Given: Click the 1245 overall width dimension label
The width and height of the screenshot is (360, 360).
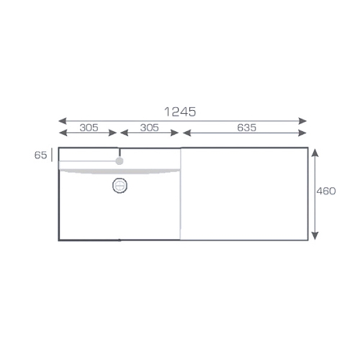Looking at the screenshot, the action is pos(180,112).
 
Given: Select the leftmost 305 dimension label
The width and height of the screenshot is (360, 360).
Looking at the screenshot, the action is pos(89,127).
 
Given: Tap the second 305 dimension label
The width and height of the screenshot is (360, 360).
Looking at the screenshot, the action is pos(149,127).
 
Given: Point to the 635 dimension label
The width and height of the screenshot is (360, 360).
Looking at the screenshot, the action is pos(247,127).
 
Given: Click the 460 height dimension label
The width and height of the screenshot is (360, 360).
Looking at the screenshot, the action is pos(326,191).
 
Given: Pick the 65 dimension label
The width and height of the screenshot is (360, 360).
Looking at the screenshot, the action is pos(40,156).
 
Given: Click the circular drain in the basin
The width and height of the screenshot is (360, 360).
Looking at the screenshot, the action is pos(120,186).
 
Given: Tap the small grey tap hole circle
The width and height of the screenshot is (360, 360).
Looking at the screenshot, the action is pos(120,161).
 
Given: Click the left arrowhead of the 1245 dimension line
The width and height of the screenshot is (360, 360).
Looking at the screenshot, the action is pos(63,121).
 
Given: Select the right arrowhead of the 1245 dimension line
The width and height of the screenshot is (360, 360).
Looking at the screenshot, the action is pos(302,121).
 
